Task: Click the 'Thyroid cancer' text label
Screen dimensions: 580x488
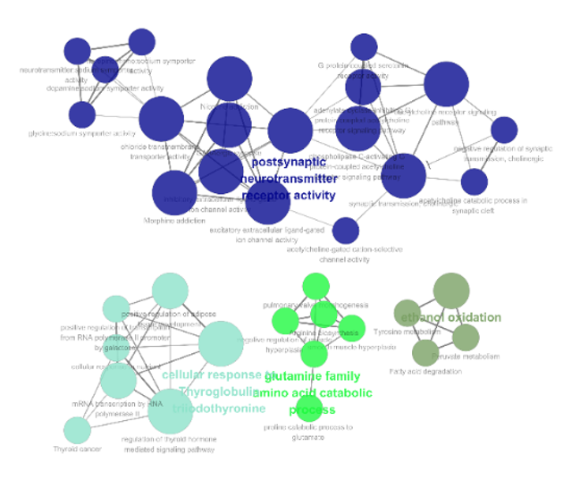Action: click(77, 449)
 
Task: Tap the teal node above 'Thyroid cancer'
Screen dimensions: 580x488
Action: click(78, 430)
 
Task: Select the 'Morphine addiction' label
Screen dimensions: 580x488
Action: click(168, 221)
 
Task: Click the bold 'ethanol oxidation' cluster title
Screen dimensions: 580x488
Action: click(451, 317)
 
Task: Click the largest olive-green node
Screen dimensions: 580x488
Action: click(451, 291)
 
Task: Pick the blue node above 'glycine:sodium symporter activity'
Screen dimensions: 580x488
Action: click(81, 114)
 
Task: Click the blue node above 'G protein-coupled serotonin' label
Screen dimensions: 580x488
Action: click(364, 46)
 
